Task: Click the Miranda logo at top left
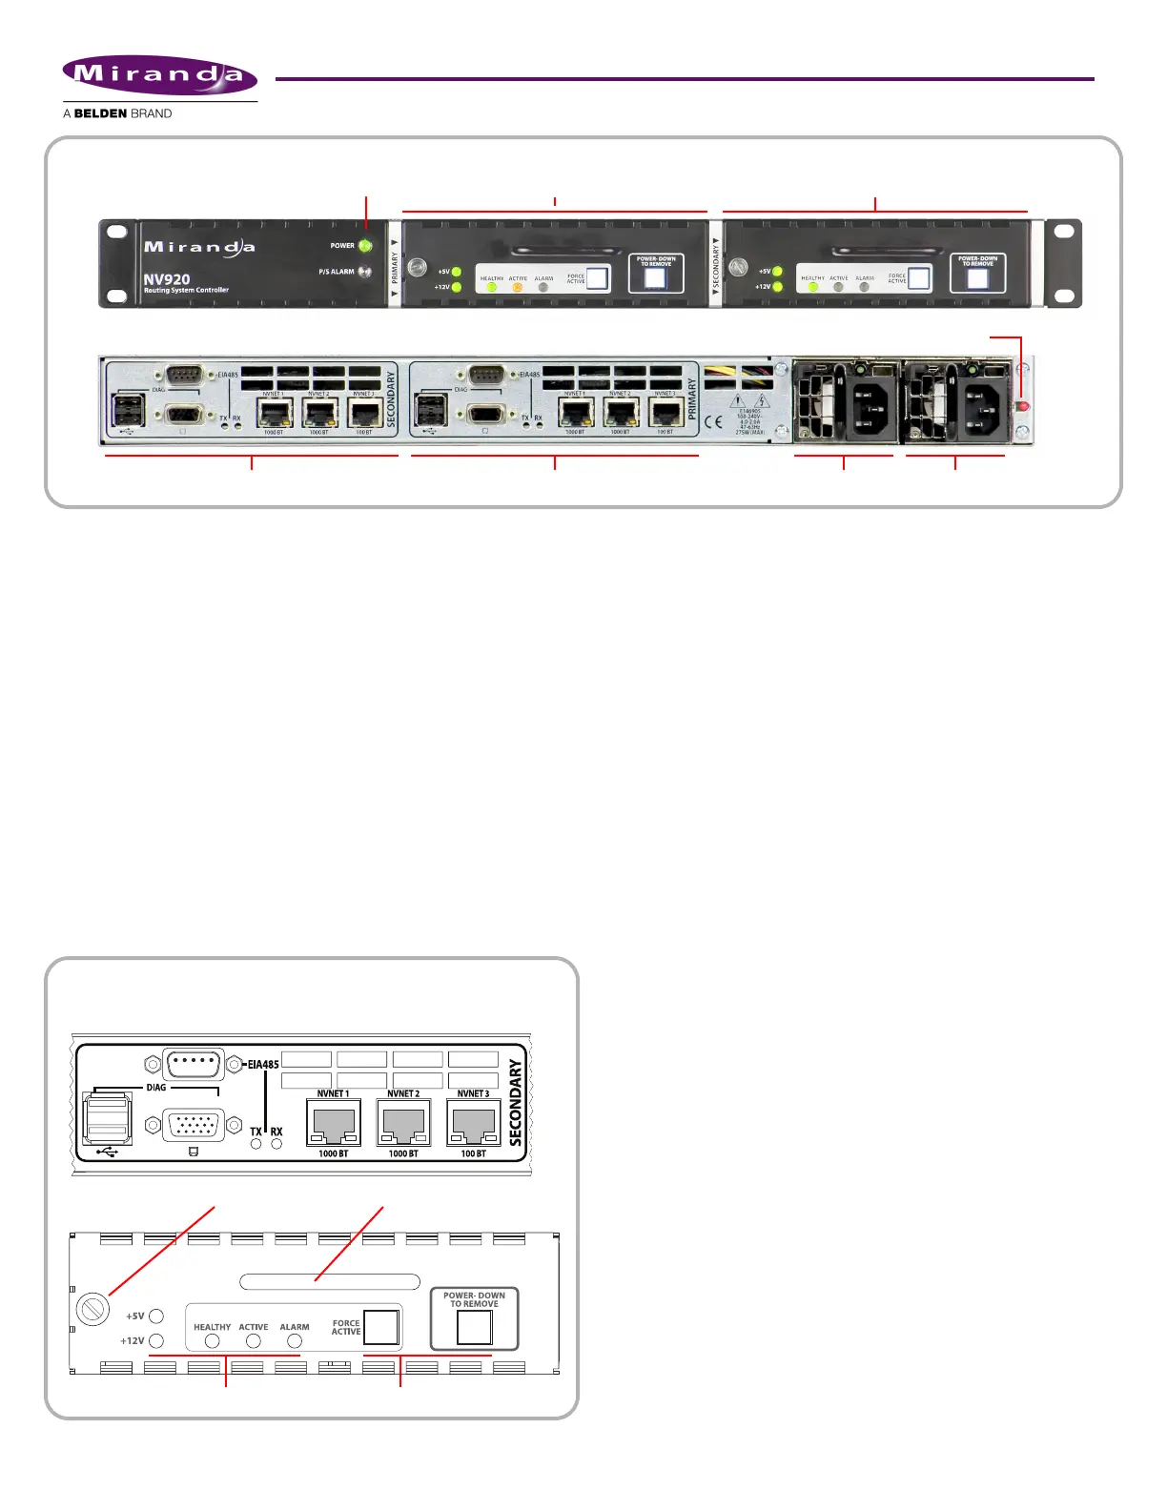coord(159,75)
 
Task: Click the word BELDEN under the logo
coord(100,113)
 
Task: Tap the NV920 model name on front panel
coord(167,279)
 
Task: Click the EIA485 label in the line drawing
coord(263,1064)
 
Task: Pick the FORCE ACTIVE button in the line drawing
coord(381,1327)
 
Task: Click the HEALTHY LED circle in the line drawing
coord(213,1341)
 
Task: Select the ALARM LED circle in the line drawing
coord(295,1341)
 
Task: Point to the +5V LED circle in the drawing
coord(156,1316)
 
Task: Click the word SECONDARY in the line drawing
coord(516,1103)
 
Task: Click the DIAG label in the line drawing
coord(156,1087)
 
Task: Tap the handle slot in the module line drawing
coord(330,1281)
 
